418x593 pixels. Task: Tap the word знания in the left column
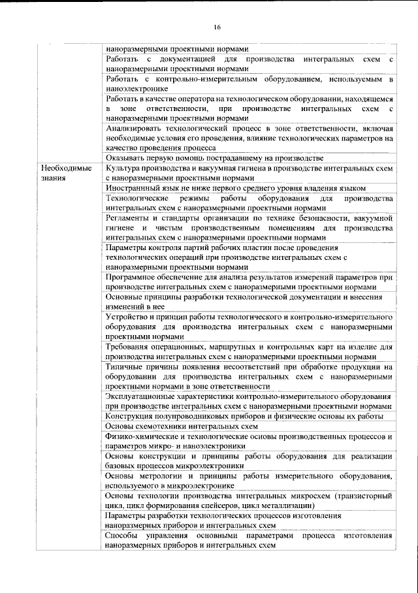click(x=50, y=178)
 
